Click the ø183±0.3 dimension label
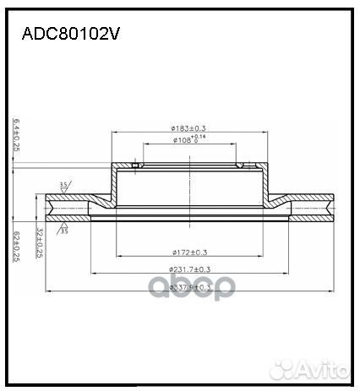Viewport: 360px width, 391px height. [188, 128]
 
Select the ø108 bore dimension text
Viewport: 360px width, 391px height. [188, 139]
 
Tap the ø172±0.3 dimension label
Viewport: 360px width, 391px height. [188, 252]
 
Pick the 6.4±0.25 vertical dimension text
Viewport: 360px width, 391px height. [16, 135]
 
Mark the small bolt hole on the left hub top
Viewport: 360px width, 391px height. [136, 165]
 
